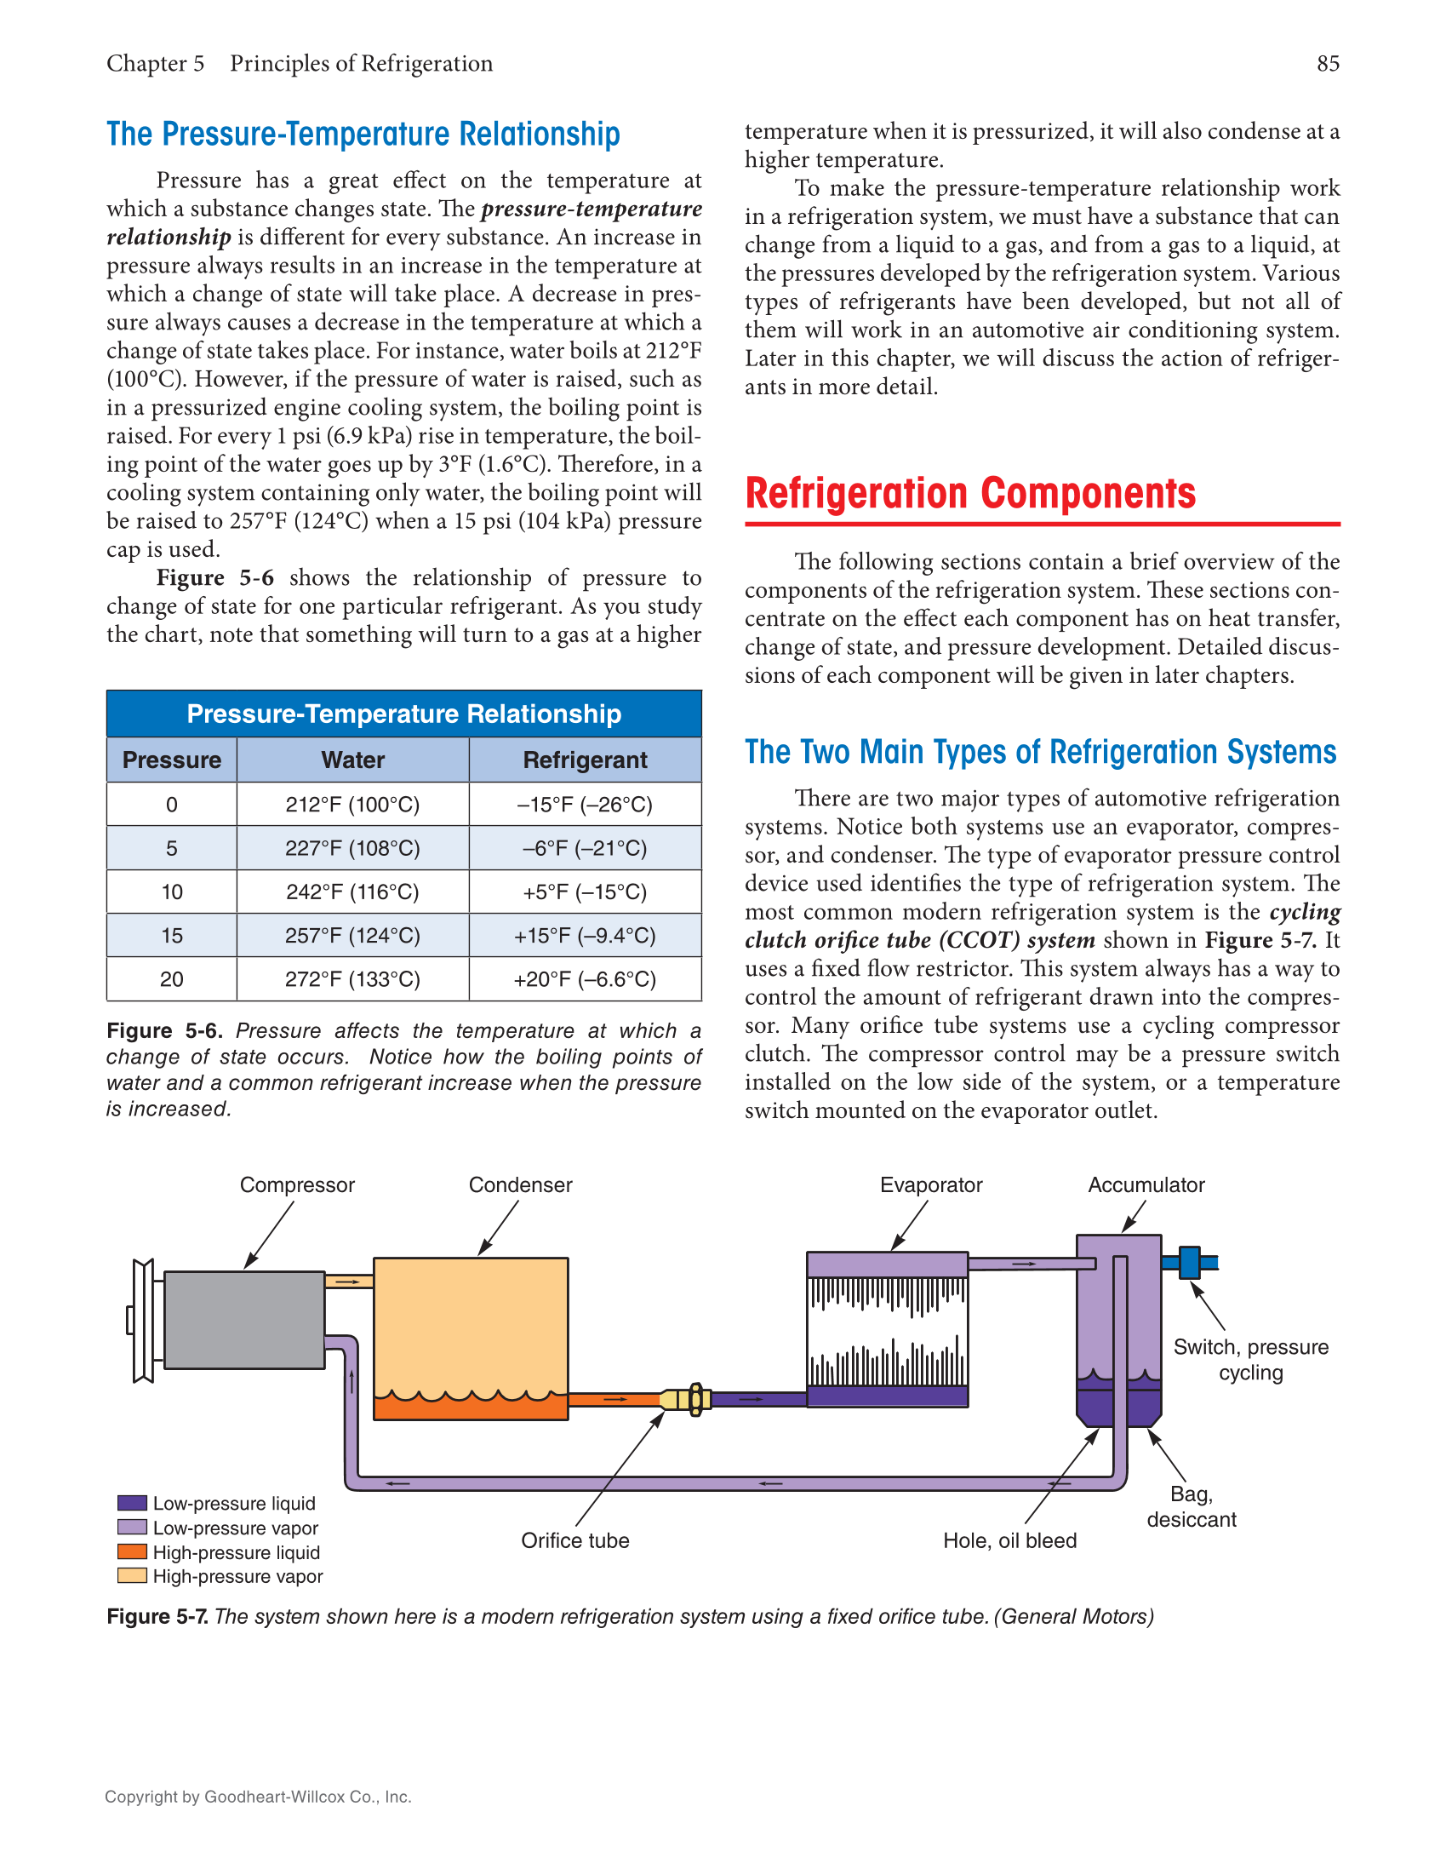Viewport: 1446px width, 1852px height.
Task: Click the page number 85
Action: (1327, 64)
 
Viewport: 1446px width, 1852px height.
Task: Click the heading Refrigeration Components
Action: (969, 493)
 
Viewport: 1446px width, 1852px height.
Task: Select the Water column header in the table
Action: (352, 760)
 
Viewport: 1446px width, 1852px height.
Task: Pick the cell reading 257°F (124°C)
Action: (352, 936)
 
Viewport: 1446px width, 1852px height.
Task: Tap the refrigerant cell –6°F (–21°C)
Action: (585, 848)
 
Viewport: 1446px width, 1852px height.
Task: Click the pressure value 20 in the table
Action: (171, 979)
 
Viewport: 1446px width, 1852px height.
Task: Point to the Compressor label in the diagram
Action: (297, 1184)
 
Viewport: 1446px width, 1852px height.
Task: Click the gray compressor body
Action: (244, 1320)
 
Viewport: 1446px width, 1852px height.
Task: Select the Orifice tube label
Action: (574, 1540)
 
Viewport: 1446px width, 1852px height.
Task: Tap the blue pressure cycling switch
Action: (1189, 1262)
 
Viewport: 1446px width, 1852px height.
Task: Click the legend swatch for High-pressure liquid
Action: (132, 1551)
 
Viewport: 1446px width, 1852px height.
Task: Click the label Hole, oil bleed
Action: (1009, 1540)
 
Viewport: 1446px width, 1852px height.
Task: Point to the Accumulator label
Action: (1146, 1184)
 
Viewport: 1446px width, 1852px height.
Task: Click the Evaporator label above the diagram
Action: (930, 1184)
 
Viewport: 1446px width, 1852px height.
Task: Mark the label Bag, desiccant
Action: (1191, 1506)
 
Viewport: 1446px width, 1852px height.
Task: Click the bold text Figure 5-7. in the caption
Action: (157, 1616)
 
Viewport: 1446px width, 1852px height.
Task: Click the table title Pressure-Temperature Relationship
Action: (403, 714)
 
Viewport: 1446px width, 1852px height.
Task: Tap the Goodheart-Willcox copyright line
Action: (258, 1797)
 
